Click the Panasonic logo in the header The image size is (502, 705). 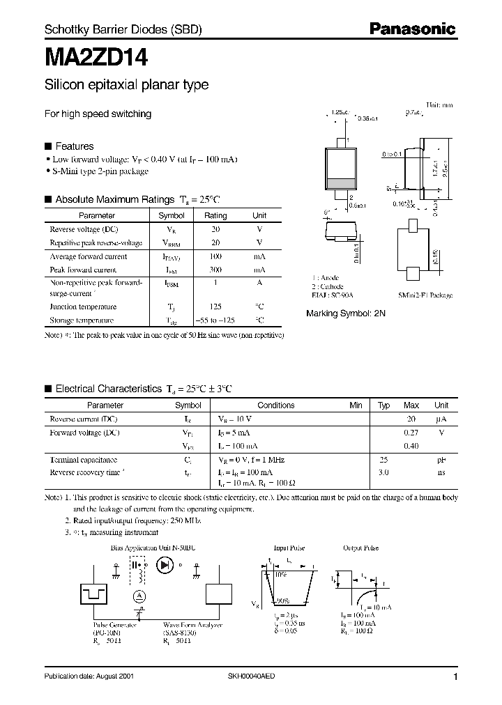pos(412,29)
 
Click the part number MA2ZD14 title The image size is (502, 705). pos(96,56)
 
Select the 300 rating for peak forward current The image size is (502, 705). pos(215,270)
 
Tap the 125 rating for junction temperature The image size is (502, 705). pos(215,307)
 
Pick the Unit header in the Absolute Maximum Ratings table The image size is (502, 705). pos(259,216)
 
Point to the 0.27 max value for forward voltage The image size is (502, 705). pos(411,433)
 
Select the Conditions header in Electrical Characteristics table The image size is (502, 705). pos(276,405)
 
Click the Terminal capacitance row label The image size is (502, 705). pos(84,460)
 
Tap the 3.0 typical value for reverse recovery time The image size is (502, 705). pos(383,472)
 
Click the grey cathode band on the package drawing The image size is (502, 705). pos(341,184)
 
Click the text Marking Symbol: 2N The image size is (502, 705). pos(346,314)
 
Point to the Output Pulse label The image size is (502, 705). pos(361,548)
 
